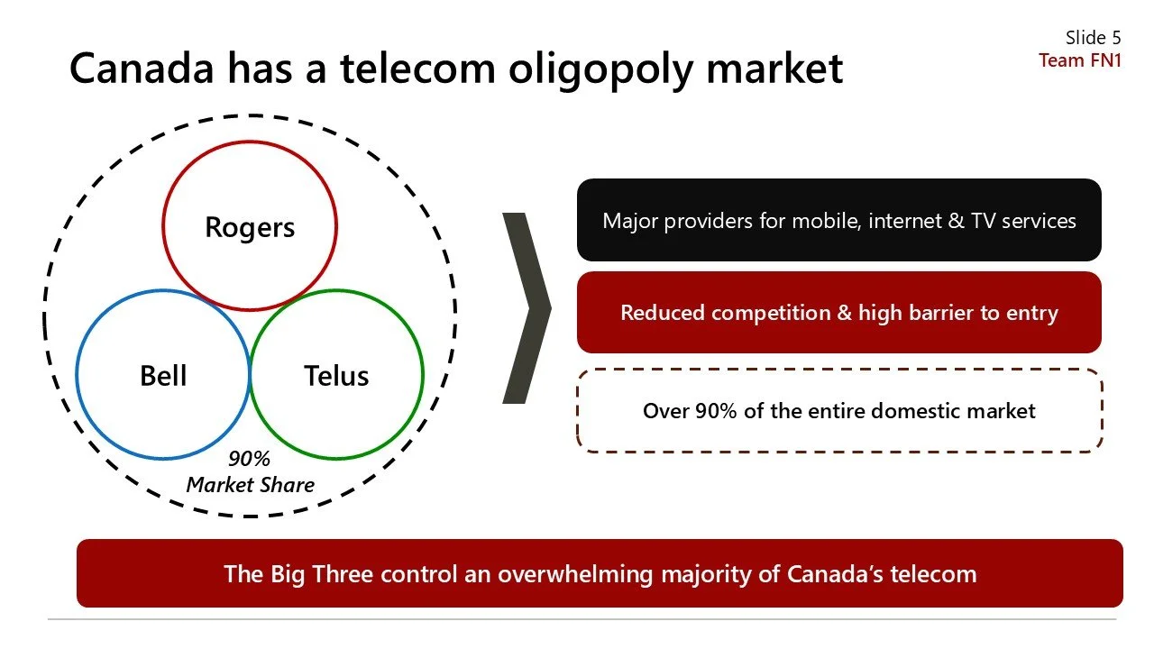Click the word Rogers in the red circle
[250, 227]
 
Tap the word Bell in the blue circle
[163, 375]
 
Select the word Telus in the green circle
[336, 375]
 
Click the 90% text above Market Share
[249, 459]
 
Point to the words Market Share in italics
[251, 485]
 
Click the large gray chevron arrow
[527, 307]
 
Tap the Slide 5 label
[1093, 38]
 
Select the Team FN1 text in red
[1080, 60]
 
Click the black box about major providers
[838, 220]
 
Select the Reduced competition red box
[838, 313]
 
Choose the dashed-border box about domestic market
[838, 411]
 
